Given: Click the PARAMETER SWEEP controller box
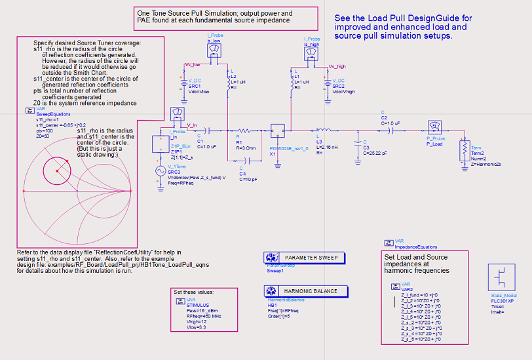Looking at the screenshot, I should tap(304, 258).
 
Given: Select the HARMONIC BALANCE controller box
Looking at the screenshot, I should tap(304, 291).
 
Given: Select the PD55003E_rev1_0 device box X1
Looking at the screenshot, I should tap(278, 130).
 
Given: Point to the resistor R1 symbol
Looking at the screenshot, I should tap(245, 130).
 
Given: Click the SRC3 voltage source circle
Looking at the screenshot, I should tap(160, 170).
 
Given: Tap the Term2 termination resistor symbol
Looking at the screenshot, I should tap(463, 150).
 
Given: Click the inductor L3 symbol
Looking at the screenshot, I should tap(322, 130).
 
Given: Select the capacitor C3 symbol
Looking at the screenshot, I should tap(357, 143).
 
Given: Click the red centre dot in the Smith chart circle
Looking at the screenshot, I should tap(57, 171).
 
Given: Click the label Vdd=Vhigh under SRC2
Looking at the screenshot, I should tap(345, 91).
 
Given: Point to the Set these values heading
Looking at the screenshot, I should tap(193, 292).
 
